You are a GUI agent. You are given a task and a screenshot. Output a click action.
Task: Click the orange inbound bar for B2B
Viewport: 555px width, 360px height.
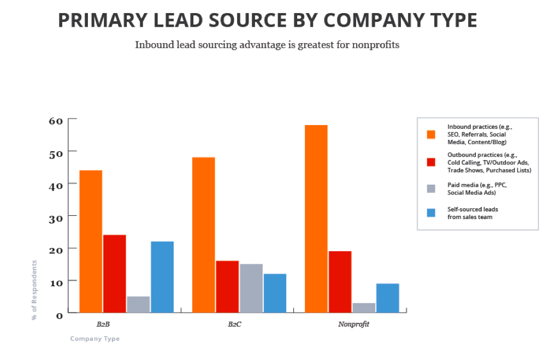click(x=91, y=241)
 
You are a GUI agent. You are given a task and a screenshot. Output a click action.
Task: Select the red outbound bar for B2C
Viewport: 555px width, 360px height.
click(x=227, y=286)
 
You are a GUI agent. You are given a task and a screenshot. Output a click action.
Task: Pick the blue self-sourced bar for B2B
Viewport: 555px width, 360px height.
click(x=162, y=276)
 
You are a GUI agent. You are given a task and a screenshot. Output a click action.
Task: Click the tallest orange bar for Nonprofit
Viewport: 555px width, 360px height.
click(x=316, y=219)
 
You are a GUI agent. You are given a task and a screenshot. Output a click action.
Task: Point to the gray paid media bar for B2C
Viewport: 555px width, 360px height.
click(x=251, y=288)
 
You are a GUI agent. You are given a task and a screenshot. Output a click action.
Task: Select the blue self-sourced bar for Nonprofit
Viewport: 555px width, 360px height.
click(x=387, y=298)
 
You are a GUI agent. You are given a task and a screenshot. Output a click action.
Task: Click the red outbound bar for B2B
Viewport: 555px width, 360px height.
click(x=115, y=273)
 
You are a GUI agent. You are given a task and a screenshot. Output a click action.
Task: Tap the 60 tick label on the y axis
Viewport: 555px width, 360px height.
click(x=57, y=120)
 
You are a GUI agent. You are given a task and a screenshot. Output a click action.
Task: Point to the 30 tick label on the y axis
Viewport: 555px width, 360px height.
click(x=57, y=217)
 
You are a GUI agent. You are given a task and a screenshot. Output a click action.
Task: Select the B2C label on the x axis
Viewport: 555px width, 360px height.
click(x=235, y=324)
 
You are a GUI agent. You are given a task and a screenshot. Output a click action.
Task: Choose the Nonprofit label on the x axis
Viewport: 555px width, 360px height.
click(x=353, y=324)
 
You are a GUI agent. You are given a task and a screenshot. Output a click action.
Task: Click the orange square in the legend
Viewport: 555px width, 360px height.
click(x=432, y=134)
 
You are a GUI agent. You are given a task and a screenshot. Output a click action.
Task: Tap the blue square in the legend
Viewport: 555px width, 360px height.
click(x=432, y=213)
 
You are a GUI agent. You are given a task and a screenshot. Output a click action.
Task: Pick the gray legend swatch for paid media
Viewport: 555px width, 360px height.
click(x=432, y=188)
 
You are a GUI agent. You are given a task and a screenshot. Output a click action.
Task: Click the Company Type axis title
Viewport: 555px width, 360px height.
click(x=95, y=339)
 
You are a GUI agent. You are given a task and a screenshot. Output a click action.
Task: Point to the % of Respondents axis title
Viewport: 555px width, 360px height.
click(x=34, y=290)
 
